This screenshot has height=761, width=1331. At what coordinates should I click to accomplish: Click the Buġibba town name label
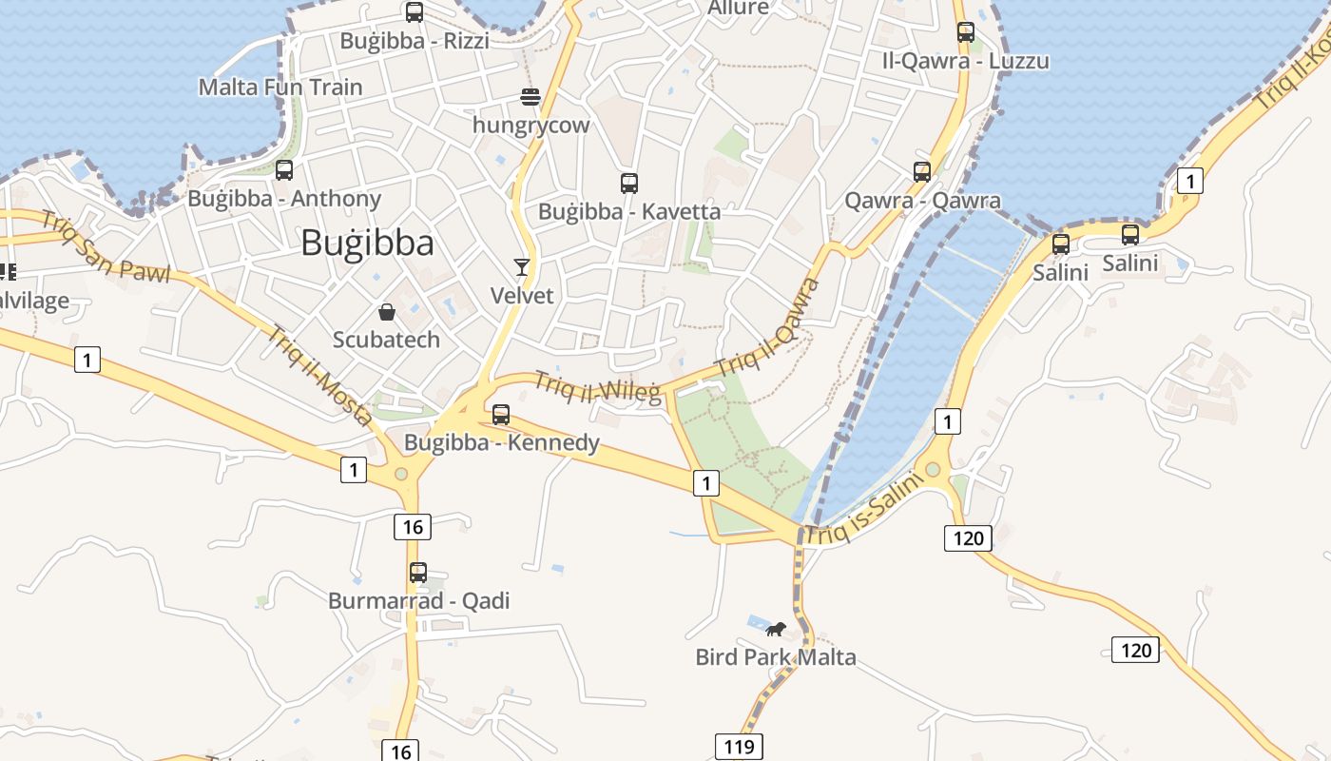pos(367,244)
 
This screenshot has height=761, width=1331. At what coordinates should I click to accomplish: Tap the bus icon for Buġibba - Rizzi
pos(415,12)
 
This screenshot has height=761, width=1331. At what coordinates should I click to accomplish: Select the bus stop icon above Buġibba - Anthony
pos(283,170)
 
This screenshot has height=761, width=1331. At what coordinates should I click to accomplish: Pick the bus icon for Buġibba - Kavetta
pos(628,184)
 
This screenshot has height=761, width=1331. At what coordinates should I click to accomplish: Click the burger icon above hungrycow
pos(530,96)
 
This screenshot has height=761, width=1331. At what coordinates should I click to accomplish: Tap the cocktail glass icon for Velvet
pos(521,266)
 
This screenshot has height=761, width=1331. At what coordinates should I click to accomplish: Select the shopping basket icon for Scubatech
pos(387,311)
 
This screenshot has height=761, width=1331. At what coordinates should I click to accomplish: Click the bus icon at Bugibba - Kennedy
pos(501,415)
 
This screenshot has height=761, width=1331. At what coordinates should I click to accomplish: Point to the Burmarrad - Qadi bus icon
pos(418,573)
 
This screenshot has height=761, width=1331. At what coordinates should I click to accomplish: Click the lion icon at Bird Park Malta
pos(776,629)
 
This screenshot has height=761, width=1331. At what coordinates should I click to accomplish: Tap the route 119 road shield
pos(739,747)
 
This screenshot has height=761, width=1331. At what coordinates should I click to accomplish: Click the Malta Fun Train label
pos(280,88)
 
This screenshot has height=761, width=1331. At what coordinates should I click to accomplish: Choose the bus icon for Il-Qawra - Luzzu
pos(965,32)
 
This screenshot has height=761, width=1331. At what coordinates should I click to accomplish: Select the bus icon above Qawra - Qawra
pos(922,172)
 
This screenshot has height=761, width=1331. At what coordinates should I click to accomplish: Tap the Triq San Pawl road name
pos(106,250)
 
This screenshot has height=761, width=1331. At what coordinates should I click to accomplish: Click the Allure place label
pos(739,8)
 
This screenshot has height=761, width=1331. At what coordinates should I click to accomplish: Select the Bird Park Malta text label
pos(776,657)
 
